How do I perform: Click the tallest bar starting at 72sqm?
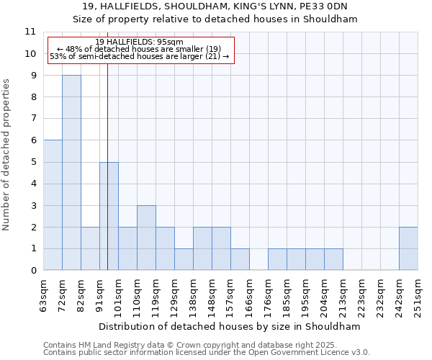71,173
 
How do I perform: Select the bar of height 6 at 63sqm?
53,205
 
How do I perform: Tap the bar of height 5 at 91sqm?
109,216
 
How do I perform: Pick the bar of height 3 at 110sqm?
146,238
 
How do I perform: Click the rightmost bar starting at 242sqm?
408,248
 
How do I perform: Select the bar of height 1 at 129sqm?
184,259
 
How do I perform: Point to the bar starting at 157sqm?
240,259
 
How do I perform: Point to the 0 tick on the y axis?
33,271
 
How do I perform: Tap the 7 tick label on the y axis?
33,119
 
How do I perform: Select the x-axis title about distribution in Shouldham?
230,326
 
